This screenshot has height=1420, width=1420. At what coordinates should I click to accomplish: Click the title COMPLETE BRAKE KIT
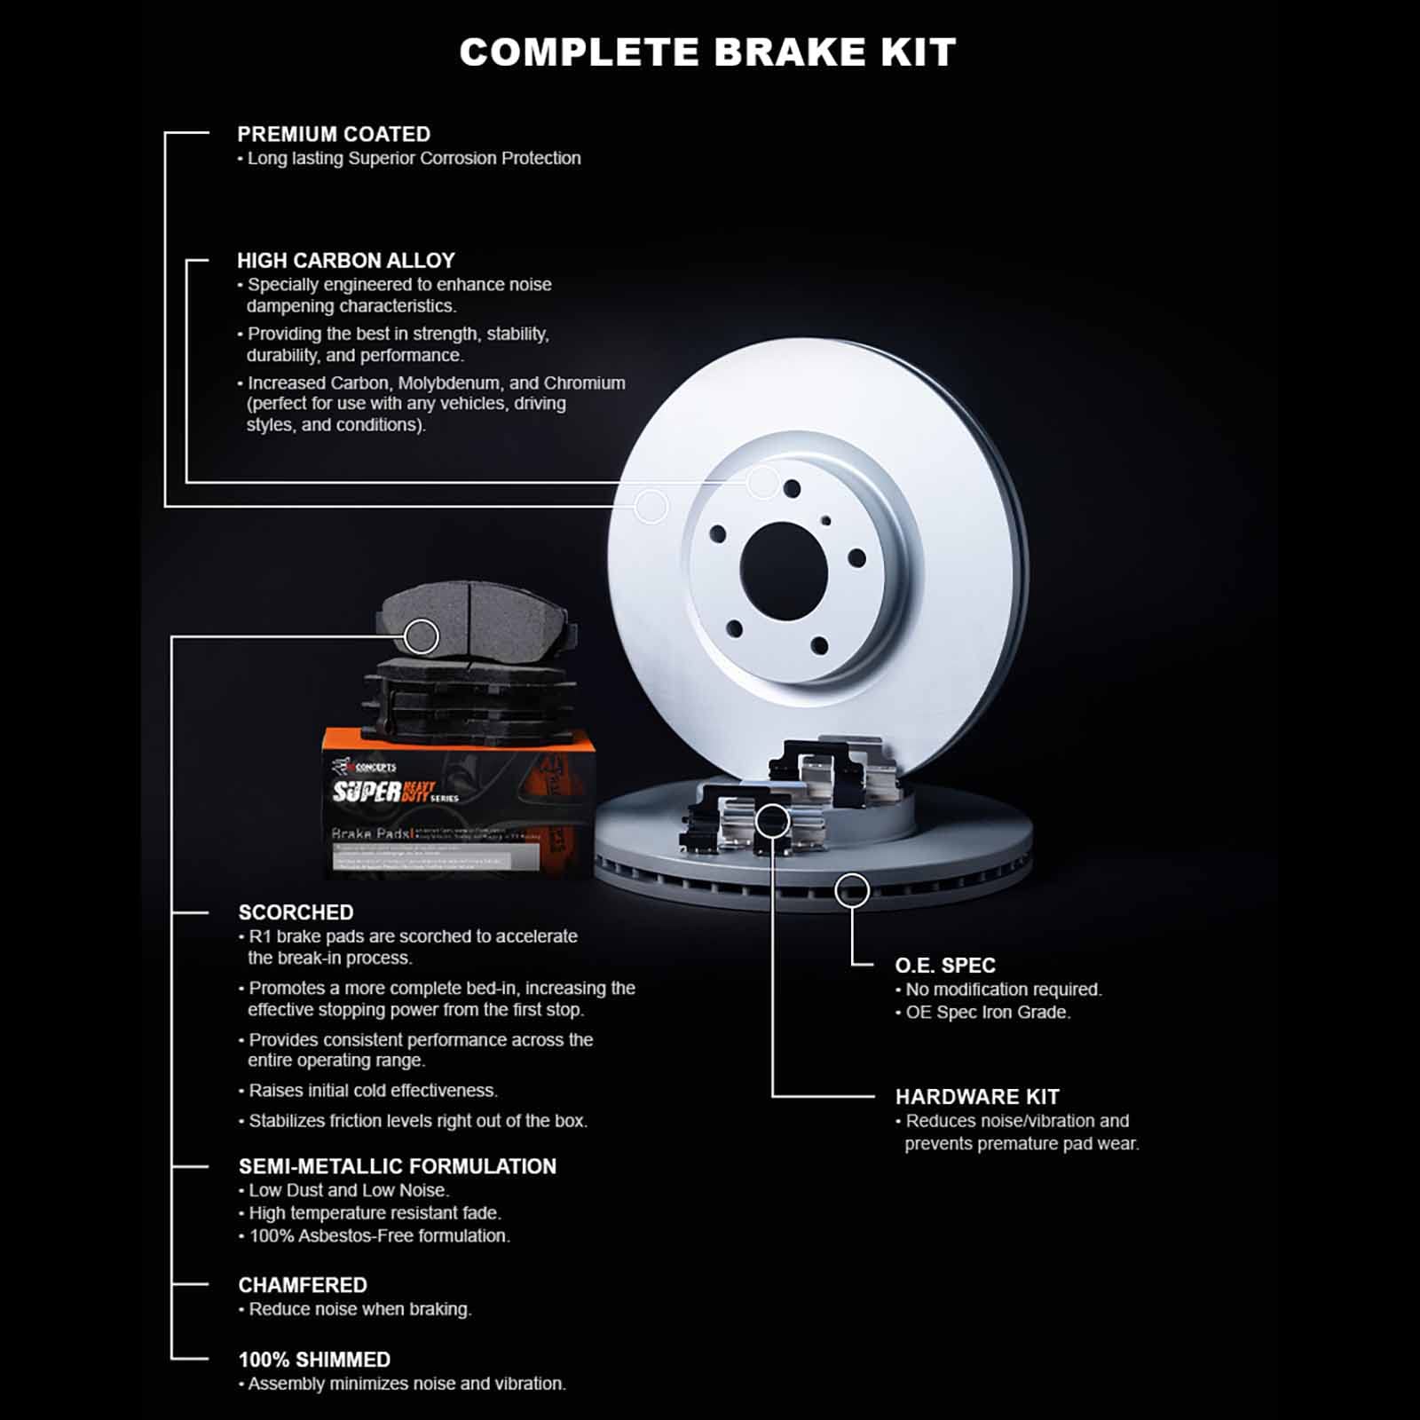point(707,52)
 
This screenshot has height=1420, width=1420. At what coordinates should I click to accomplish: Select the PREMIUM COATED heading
point(334,134)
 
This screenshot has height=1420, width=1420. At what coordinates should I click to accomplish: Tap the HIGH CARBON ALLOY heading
point(346,261)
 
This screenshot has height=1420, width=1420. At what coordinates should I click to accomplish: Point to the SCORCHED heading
point(296,912)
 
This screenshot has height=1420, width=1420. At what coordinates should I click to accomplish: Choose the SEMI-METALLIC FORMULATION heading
point(398,1166)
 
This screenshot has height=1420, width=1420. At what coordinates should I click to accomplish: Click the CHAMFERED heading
point(303,1285)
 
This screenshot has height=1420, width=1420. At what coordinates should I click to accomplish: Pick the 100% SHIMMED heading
point(314,1360)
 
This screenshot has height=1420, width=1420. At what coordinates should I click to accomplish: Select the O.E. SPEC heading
point(945,966)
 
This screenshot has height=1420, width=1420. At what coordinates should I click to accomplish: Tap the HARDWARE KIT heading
point(977,1097)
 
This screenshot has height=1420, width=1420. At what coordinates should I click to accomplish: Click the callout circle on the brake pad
point(422,636)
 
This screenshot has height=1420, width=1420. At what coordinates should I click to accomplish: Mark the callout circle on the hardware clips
point(773,821)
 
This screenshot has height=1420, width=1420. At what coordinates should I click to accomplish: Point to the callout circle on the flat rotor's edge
point(852,890)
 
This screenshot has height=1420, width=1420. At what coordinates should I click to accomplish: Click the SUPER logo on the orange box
point(367,791)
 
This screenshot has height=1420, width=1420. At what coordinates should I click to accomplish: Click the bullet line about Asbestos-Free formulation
point(380,1235)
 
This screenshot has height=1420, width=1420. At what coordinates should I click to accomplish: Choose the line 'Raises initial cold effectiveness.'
point(373,1091)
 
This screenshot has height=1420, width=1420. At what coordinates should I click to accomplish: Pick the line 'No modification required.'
point(1003,990)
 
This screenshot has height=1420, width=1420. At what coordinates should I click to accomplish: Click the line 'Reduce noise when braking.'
point(359,1309)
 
